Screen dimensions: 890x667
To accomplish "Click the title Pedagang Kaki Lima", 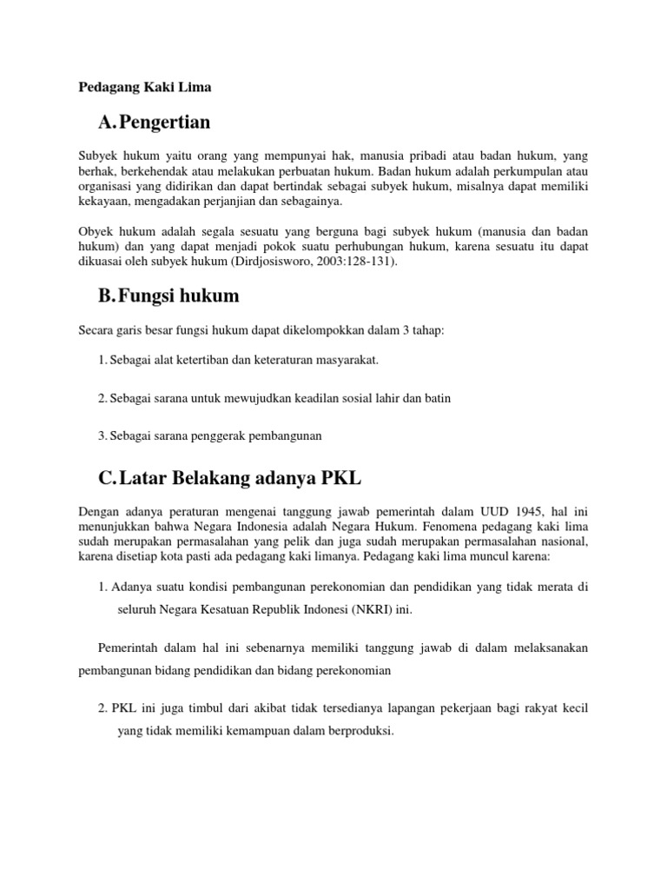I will pyautogui.click(x=145, y=87).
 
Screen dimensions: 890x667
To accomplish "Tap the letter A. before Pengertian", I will pyautogui.click(x=109, y=122).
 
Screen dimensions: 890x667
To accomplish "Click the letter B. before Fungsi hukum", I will pyautogui.click(x=108, y=296).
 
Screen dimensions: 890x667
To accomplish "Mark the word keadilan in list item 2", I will pyautogui.click(x=318, y=398).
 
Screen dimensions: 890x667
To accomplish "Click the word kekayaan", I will pyautogui.click(x=103, y=201).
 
